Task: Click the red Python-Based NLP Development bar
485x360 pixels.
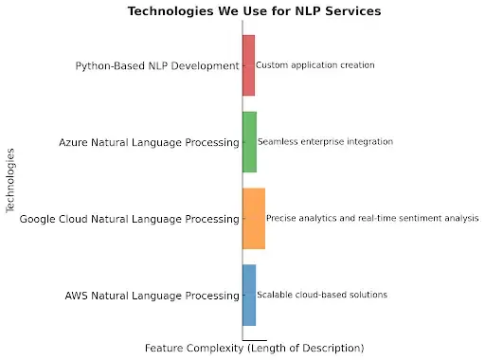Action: [x=248, y=65]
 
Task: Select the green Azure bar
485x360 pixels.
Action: [x=249, y=142]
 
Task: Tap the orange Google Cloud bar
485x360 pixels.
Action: [x=253, y=219]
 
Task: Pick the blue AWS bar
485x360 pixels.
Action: [x=249, y=295]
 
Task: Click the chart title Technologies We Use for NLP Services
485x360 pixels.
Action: [x=242, y=12]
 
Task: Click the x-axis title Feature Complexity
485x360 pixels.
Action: [x=254, y=348]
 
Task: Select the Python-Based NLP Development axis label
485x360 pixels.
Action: [x=157, y=65]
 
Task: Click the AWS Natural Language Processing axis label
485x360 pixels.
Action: [x=152, y=295]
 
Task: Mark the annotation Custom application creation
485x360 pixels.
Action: [x=315, y=65]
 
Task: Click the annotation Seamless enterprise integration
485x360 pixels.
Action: [x=325, y=142]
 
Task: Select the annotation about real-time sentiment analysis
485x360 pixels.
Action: [x=372, y=219]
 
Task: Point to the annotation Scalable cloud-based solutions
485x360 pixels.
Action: [x=322, y=295]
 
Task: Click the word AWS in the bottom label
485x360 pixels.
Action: [x=77, y=295]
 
